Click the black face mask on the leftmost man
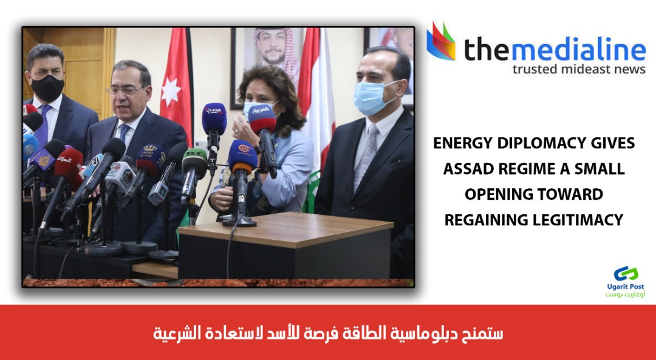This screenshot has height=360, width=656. tap(47, 87)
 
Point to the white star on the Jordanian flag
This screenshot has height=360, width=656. tap(171, 91)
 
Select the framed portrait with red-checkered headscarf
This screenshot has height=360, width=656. tap(268, 58)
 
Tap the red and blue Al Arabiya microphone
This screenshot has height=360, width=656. tap(263, 119)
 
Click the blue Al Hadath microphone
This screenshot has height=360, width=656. tap(214, 119)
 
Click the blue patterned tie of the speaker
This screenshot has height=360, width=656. tap(124, 132)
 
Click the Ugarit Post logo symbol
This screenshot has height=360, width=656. tap(626, 273)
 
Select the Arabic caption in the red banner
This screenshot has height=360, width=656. tap(327, 333)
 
